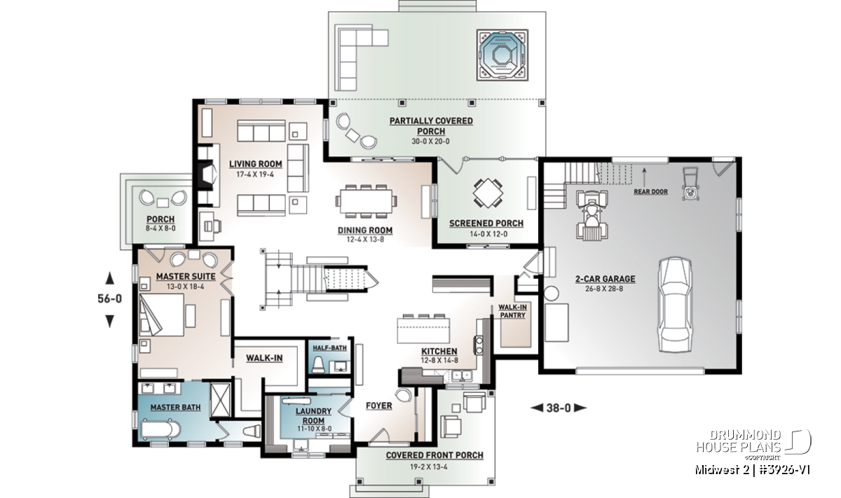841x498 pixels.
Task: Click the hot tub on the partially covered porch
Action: [502, 55]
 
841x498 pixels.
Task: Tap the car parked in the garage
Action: [676, 305]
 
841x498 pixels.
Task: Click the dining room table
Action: [366, 201]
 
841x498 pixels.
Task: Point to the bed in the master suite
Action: [162, 314]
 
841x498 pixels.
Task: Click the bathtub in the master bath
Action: [160, 429]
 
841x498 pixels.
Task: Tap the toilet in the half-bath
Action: [318, 364]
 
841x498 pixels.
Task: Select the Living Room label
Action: [256, 164]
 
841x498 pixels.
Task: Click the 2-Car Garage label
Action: [606, 279]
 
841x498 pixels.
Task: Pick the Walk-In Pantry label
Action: [512, 311]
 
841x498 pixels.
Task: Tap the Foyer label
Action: [379, 406]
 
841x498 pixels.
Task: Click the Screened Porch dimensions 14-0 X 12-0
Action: [488, 234]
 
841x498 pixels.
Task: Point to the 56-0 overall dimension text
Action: [109, 298]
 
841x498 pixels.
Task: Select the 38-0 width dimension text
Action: [559, 408]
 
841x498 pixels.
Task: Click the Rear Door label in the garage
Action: [650, 192]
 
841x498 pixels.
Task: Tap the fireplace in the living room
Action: [207, 175]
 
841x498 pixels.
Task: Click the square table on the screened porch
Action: [488, 193]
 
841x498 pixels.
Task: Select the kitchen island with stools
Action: [423, 328]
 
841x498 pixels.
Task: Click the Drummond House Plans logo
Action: [753, 445]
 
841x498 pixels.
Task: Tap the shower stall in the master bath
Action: [220, 400]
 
